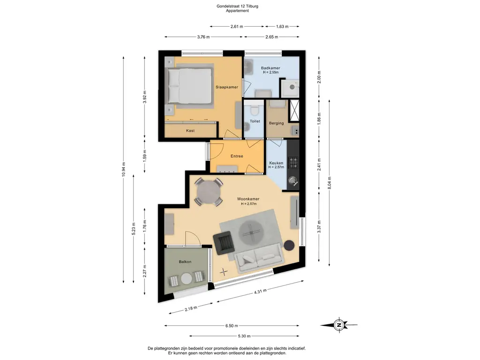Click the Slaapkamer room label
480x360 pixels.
(227, 87)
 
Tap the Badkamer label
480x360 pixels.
(270, 68)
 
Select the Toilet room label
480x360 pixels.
(255, 121)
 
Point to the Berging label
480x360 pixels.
(277, 123)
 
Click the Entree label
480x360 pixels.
(237, 156)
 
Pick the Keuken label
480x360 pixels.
(276, 163)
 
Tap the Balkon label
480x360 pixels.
(185, 262)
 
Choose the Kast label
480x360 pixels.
(190, 131)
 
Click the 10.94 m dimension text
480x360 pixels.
(124, 169)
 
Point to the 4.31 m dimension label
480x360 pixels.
(260, 291)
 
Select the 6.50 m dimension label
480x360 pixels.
(232, 326)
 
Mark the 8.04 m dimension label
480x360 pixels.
(330, 183)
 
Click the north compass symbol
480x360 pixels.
(339, 325)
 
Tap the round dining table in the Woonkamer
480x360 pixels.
(209, 192)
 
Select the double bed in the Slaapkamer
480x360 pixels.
(188, 85)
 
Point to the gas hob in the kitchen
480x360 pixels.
(293, 163)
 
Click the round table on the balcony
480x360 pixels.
(187, 279)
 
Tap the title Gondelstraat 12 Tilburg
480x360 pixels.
(237, 6)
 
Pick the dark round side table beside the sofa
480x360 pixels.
(289, 246)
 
